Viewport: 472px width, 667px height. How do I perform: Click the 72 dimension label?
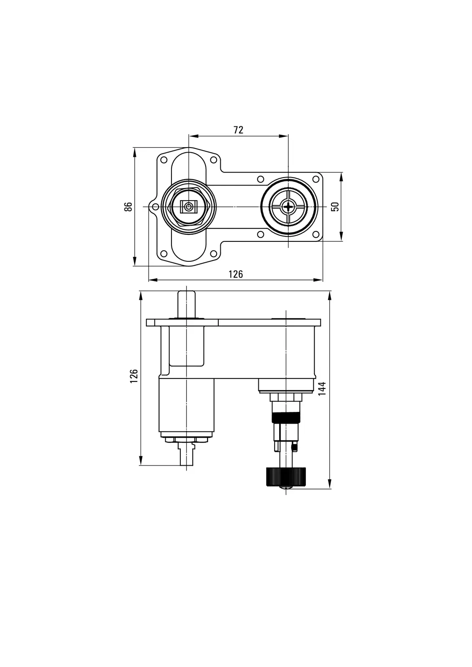click(238, 130)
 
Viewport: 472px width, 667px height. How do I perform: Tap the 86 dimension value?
click(128, 207)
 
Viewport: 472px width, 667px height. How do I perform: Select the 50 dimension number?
click(335, 207)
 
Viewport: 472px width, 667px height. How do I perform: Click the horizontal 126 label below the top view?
click(235, 274)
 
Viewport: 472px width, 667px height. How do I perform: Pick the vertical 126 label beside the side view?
click(134, 376)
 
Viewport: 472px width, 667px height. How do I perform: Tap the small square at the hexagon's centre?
click(189, 206)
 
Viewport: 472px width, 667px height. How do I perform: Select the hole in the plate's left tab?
click(155, 207)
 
